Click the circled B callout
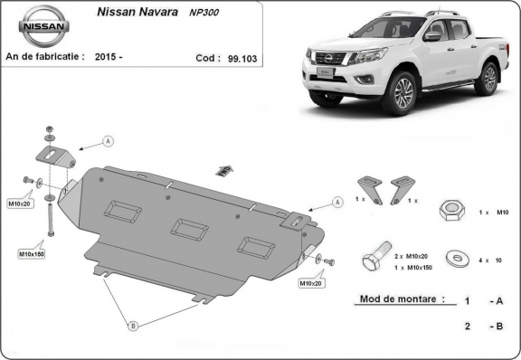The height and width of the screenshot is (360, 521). (132, 325)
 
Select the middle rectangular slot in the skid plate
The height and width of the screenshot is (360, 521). (189, 229)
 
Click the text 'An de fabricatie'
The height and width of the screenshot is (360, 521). (45, 56)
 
